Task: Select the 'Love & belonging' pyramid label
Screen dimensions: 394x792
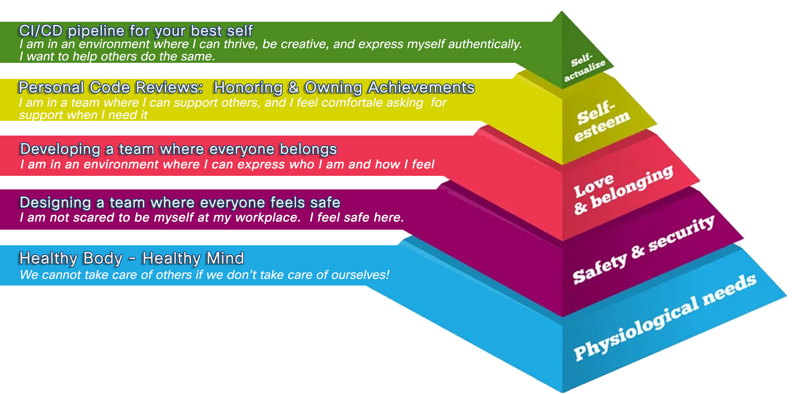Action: pyautogui.click(x=623, y=190)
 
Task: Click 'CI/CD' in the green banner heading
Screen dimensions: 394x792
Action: pyautogui.click(x=41, y=31)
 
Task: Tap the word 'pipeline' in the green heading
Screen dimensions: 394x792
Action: pyautogui.click(x=96, y=31)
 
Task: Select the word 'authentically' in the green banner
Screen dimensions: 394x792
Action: pyautogui.click(x=485, y=44)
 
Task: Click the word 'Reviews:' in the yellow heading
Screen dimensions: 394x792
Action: pyautogui.click(x=169, y=88)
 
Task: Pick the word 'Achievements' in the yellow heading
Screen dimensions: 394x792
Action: pyautogui.click(x=421, y=88)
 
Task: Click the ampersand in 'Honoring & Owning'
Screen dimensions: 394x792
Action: pyautogui.click(x=293, y=88)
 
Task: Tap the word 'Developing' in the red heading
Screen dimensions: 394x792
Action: pyautogui.click(x=60, y=149)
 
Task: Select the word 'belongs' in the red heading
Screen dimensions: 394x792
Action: pyautogui.click(x=308, y=149)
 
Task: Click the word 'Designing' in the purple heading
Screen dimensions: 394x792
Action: pyautogui.click(x=55, y=203)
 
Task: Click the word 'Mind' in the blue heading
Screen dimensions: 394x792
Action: pyautogui.click(x=225, y=258)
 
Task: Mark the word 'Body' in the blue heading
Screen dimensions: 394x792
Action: pyautogui.click(x=102, y=258)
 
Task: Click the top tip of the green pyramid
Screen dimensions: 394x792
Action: pyautogui.click(x=562, y=12)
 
